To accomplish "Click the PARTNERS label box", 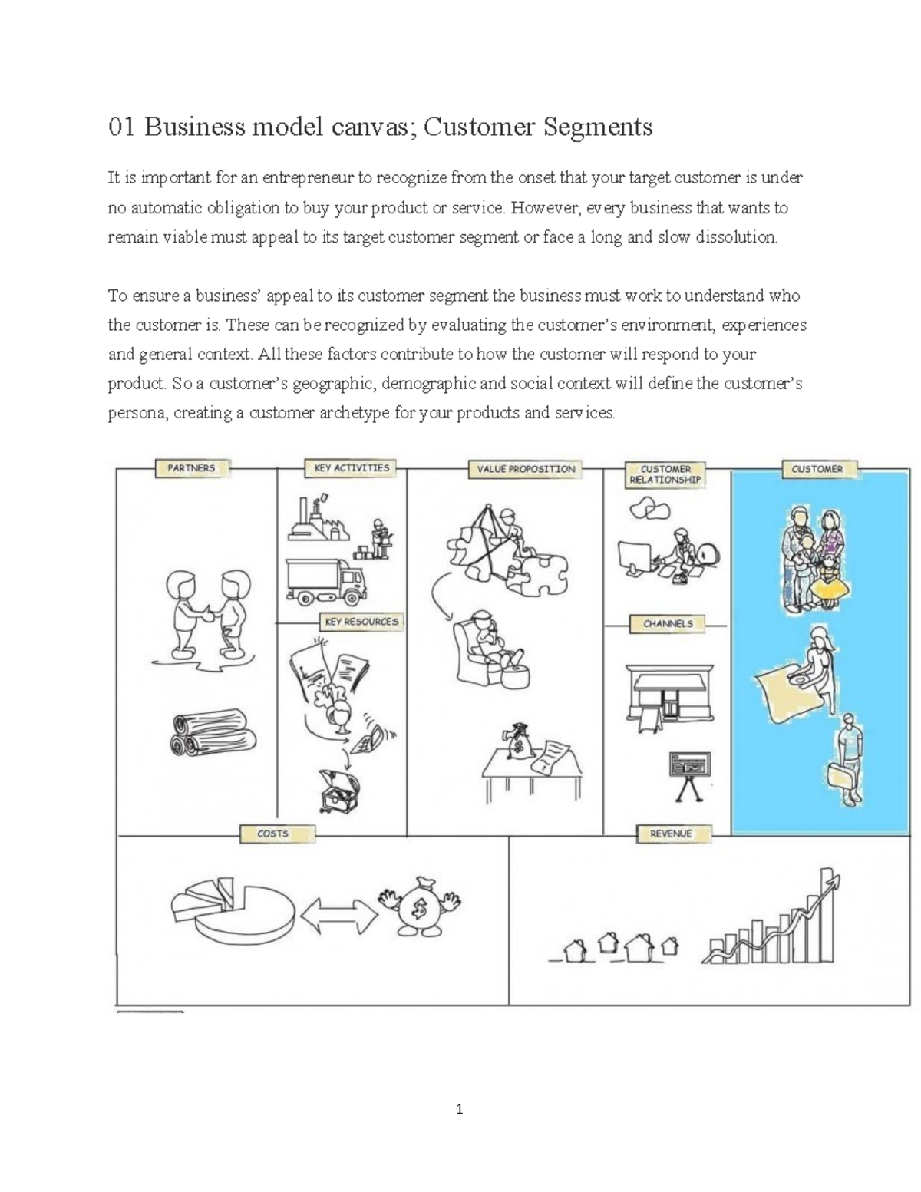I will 191,468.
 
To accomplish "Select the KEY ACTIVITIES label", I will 352,468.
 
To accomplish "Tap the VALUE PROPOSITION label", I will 525,469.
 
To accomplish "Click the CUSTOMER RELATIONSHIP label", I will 665,474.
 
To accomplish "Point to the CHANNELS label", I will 667,624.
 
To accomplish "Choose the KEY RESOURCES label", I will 361,622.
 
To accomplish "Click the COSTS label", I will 272,834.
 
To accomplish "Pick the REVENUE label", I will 671,834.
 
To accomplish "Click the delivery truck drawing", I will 325,580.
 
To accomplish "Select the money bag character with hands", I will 418,906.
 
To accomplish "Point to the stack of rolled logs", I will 210,732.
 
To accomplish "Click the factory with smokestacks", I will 315,521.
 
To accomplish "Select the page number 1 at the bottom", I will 459,1109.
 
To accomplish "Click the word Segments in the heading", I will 598,127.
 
